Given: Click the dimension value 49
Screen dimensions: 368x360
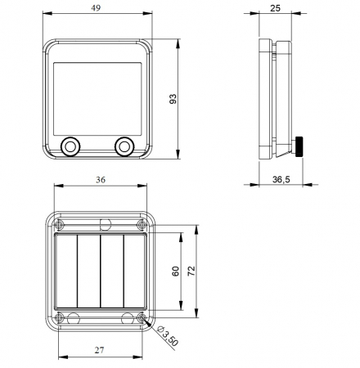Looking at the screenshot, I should click(97, 7).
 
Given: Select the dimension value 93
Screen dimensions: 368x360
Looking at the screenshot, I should click(173, 99).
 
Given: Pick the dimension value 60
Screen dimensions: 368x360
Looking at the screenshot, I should click(175, 271).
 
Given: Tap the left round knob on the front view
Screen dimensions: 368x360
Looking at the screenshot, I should click(70, 146).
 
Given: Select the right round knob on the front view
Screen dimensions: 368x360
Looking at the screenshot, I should click(124, 146).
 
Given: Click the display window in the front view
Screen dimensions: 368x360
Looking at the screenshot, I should click(97, 96).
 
